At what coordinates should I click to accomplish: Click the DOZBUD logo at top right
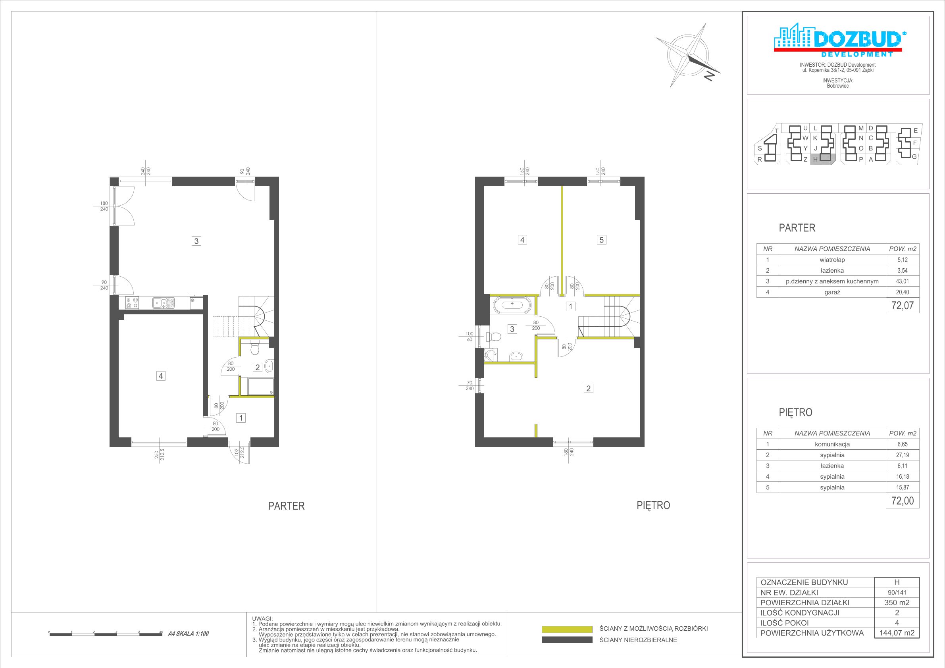(838, 40)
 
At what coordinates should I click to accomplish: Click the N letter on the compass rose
(709, 75)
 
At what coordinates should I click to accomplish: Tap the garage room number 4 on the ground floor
(161, 376)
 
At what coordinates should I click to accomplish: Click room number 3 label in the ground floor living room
(196, 241)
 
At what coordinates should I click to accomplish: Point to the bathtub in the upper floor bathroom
(512, 305)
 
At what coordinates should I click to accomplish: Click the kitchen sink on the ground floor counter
(164, 303)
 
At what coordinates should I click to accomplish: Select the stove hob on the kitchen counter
(132, 303)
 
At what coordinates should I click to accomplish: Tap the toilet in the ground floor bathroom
(255, 348)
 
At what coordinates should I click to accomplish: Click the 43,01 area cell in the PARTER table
(902, 281)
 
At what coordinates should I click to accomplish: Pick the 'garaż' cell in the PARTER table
(832, 292)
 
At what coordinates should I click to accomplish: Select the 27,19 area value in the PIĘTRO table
(902, 455)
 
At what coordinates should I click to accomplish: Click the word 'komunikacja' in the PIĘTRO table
(832, 445)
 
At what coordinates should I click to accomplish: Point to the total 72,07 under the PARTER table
(902, 306)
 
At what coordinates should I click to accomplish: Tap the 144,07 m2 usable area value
(897, 633)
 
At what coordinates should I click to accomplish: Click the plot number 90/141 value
(897, 593)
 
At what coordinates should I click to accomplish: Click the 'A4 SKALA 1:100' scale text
(188, 634)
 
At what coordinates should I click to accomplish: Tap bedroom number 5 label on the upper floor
(601, 240)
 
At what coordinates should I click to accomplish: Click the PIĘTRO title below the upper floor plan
(653, 506)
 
